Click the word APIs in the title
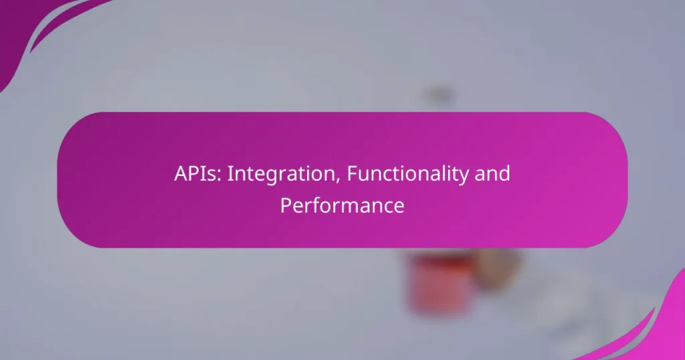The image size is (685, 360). (194, 174)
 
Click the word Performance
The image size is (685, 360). (342, 205)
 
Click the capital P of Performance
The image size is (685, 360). (286, 205)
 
